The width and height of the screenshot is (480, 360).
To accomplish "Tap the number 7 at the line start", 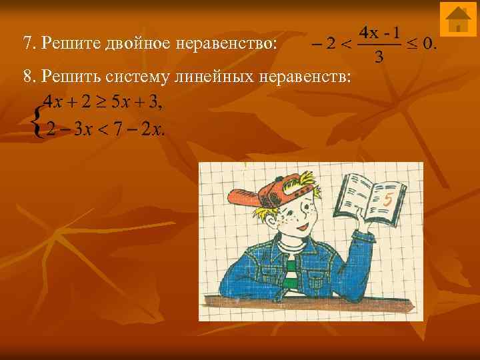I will point(27,44).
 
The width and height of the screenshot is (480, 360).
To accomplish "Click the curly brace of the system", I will point(38,118).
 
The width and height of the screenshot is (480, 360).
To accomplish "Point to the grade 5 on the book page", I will point(388,199).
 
